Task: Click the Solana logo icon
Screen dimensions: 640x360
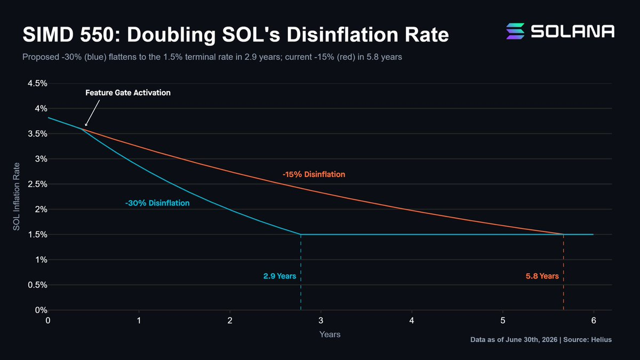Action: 515,31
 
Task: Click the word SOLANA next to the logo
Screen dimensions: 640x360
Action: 573,31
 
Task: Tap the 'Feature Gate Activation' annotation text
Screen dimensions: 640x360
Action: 128,93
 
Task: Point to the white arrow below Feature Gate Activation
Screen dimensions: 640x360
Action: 92,113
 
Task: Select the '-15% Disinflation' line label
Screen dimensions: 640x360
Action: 314,174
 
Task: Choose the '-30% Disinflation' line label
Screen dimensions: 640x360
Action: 157,203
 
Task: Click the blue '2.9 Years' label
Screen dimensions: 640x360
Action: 279,276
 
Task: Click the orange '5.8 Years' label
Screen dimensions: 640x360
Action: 542,276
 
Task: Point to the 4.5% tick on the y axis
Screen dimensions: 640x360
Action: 37,83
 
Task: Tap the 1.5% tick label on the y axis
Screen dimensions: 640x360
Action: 37,235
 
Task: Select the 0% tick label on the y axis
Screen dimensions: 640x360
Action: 41,310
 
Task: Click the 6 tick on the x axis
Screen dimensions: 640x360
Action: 594,321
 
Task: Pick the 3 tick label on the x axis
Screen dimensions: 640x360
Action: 321,321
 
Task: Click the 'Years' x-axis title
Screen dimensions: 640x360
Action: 330,334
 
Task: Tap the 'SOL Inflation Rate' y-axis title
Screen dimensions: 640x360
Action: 17,197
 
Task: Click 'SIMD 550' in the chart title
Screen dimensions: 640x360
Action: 69,35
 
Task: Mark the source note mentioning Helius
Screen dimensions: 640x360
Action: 541,339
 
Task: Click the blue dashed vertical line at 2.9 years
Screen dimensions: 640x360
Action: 301,273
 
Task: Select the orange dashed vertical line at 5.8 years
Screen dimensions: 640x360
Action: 563,273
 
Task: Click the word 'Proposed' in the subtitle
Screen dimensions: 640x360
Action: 41,57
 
